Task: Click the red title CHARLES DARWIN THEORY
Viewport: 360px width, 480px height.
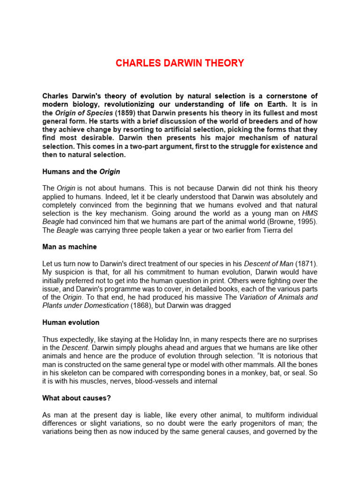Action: tap(180, 63)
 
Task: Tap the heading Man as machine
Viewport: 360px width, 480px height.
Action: tap(69, 247)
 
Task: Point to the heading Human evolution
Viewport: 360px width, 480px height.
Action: tap(71, 322)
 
